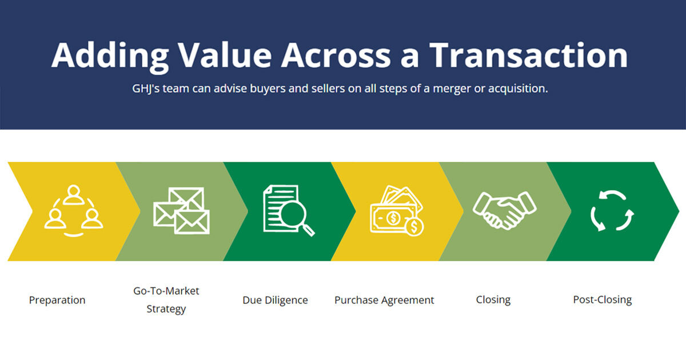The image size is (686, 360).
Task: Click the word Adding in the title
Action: tap(109, 55)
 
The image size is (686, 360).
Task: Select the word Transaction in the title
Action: tap(528, 55)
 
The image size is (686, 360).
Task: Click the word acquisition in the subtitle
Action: tap(517, 89)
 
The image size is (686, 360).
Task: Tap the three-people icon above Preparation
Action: tap(74, 211)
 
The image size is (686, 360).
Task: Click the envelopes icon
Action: tap(181, 211)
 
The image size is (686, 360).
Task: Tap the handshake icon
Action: tap(504, 210)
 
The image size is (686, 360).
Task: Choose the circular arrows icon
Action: tap(612, 211)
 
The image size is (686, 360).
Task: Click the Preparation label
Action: tap(57, 300)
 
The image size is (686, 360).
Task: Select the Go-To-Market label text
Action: tap(166, 291)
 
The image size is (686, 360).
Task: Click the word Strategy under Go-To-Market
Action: tap(166, 309)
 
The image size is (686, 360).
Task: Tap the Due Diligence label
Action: tap(275, 300)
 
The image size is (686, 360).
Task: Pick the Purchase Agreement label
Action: tap(384, 300)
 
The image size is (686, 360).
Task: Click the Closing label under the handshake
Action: tap(493, 299)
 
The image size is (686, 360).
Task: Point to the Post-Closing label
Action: tap(603, 299)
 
